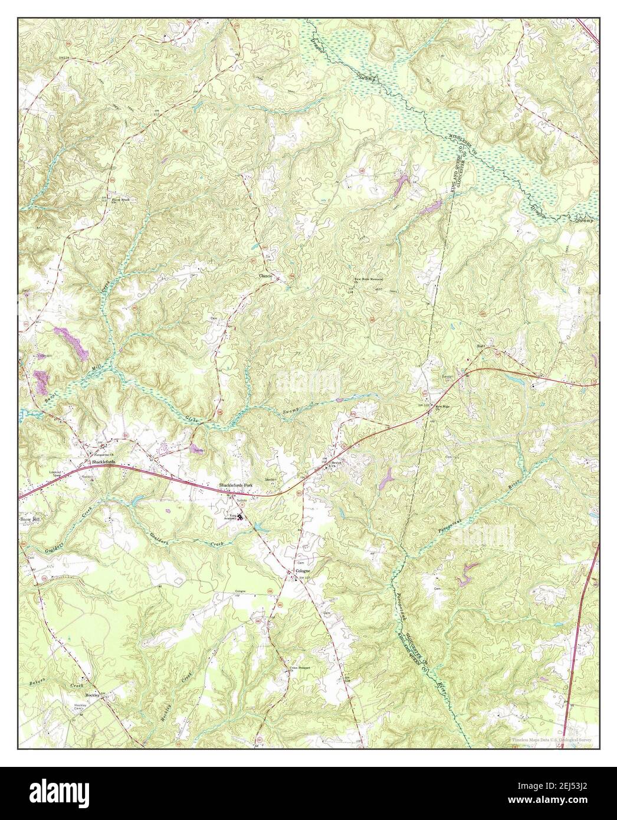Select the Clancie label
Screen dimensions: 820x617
263,275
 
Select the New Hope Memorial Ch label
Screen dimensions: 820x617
369,279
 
